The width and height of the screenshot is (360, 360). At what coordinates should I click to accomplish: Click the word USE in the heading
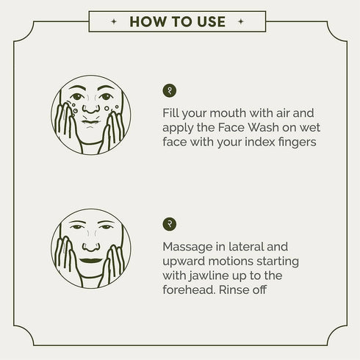212,21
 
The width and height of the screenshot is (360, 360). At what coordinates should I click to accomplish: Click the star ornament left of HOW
114,21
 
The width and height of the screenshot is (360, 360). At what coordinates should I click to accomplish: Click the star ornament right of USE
241,21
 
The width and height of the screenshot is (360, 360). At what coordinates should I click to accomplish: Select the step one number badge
170,90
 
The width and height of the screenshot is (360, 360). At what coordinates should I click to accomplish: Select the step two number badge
170,224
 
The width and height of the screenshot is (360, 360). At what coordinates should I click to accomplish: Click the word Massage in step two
187,247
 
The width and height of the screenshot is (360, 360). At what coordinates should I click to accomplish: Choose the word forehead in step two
190,290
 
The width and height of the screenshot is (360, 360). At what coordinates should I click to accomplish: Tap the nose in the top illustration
91,109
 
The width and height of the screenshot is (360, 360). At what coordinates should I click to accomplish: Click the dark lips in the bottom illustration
91,261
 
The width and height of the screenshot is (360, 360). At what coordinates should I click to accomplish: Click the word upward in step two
184,262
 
